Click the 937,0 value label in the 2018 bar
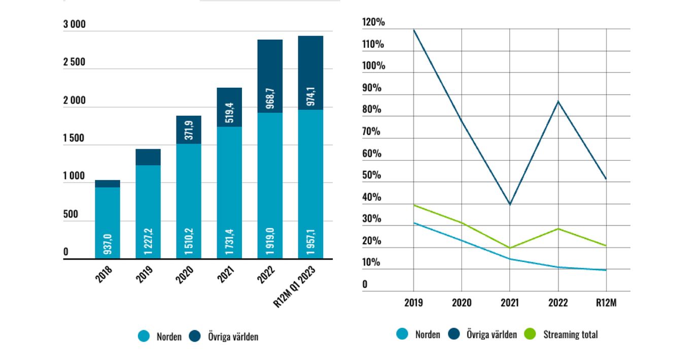pyautogui.click(x=108, y=244)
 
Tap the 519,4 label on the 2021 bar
pyautogui.click(x=229, y=107)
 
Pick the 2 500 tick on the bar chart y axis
pyautogui.click(x=74, y=62)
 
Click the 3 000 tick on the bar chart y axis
pyautogui.click(x=74, y=24)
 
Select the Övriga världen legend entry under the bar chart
pyautogui.click(x=224, y=336)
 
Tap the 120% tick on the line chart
pyautogui.click(x=373, y=22)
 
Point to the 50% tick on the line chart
pyautogui.click(x=372, y=175)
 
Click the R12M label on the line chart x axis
pyautogui.click(x=606, y=303)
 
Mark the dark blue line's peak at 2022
pyautogui.click(x=558, y=101)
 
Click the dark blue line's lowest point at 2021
pyautogui.click(x=510, y=204)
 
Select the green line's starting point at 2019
pyautogui.click(x=413, y=205)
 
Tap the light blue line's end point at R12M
pyautogui.click(x=606, y=270)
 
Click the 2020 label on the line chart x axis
pyautogui.click(x=462, y=303)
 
